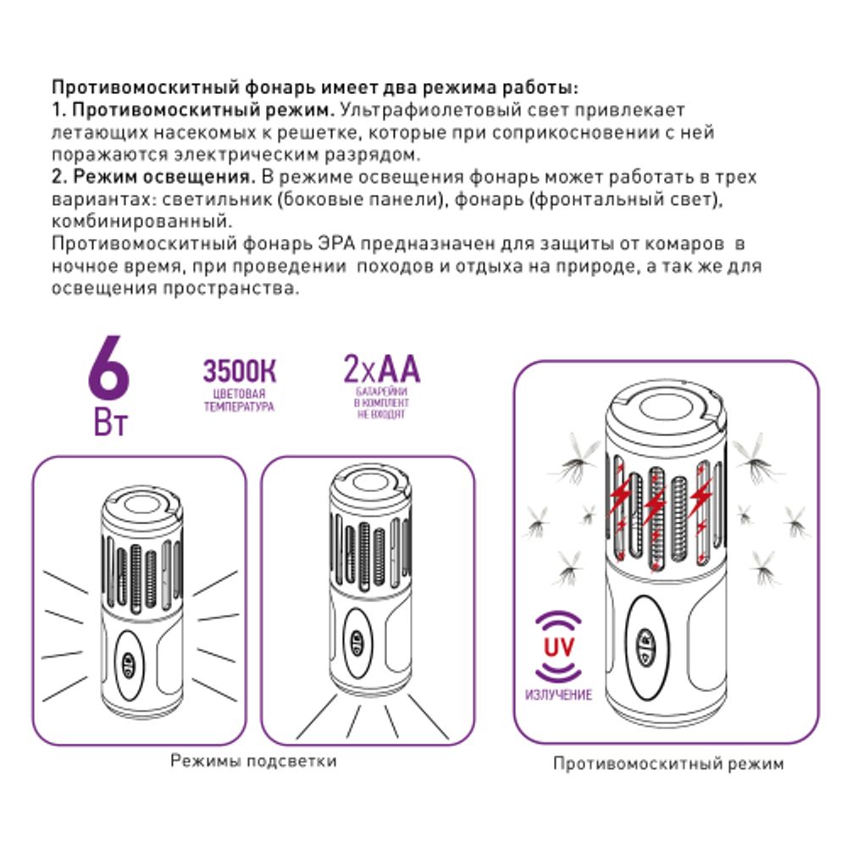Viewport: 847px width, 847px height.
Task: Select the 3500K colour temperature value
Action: coord(240,373)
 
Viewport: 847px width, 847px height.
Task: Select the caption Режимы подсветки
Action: coord(253,761)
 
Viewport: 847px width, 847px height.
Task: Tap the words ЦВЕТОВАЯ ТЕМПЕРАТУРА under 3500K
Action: coord(239,401)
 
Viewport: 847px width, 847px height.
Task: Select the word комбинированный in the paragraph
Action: coord(139,222)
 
